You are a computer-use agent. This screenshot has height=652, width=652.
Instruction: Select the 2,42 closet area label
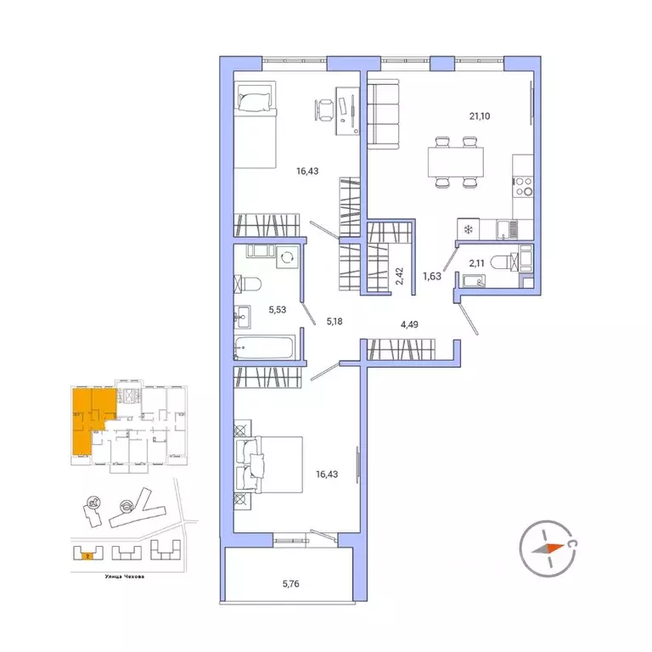pyautogui.click(x=399, y=277)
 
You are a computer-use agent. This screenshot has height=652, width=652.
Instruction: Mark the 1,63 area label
pyautogui.click(x=433, y=273)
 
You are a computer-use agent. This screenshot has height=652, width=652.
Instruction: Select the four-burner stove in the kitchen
pyautogui.click(x=524, y=185)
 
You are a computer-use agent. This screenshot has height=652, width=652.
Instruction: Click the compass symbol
pyautogui.click(x=547, y=547)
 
